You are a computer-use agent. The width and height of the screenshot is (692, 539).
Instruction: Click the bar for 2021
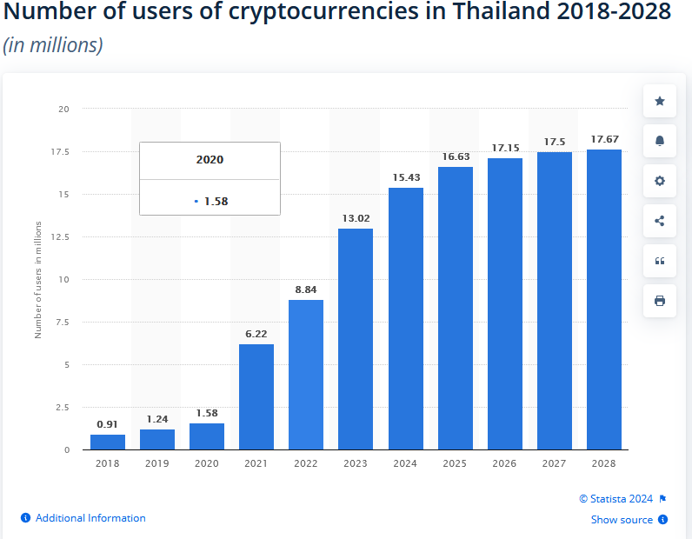point(256,396)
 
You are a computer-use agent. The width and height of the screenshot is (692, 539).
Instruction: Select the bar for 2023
point(356,339)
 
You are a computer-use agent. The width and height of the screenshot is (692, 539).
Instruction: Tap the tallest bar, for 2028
point(604,299)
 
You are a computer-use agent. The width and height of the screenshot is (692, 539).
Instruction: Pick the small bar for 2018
point(108,442)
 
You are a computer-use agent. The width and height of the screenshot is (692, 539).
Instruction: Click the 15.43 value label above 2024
point(406,177)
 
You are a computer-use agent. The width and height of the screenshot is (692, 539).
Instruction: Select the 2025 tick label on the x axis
point(456,464)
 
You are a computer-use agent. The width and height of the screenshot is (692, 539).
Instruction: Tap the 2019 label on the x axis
point(157,464)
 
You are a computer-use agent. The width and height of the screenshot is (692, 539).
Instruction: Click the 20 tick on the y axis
point(63,109)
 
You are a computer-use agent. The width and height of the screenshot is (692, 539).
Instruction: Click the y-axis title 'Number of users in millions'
point(38,279)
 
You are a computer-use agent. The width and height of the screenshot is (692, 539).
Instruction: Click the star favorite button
point(660,102)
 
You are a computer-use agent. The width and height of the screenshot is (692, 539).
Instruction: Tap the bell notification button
point(660,142)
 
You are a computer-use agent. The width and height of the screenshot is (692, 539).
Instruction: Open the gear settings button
point(660,181)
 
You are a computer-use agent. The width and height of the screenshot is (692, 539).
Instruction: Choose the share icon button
point(660,221)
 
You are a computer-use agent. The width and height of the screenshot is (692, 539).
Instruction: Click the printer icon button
point(660,301)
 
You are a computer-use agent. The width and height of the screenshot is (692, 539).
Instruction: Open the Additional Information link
point(90,518)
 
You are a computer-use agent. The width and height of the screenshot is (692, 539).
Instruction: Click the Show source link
point(622,520)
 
